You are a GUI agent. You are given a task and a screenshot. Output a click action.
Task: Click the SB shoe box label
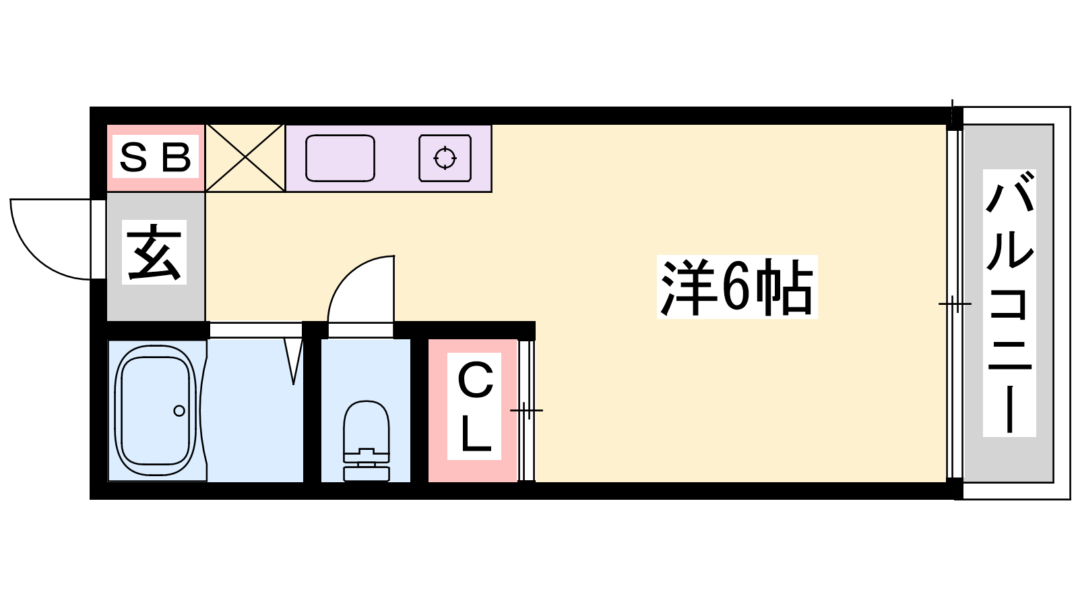pos(155,158)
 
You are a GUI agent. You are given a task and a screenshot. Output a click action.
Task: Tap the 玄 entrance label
pos(154,252)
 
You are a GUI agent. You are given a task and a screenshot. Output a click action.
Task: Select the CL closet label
pos(475,406)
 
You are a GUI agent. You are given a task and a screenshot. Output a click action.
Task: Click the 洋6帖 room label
pos(737,287)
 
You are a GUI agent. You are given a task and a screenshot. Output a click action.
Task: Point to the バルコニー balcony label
pos(1009,303)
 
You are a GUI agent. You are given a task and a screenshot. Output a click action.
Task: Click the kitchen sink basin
pos(340,158)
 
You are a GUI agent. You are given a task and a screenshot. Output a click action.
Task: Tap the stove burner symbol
pos(445,158)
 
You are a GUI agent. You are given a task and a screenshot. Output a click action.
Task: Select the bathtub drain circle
pos(179,411)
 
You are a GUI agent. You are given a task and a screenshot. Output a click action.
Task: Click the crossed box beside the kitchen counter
pos(245,158)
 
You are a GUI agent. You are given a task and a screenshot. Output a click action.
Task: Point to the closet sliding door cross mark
pos(527,411)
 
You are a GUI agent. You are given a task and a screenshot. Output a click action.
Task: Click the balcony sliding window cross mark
pos(955,303)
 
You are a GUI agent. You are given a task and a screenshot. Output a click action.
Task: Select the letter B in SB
pos(176,158)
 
